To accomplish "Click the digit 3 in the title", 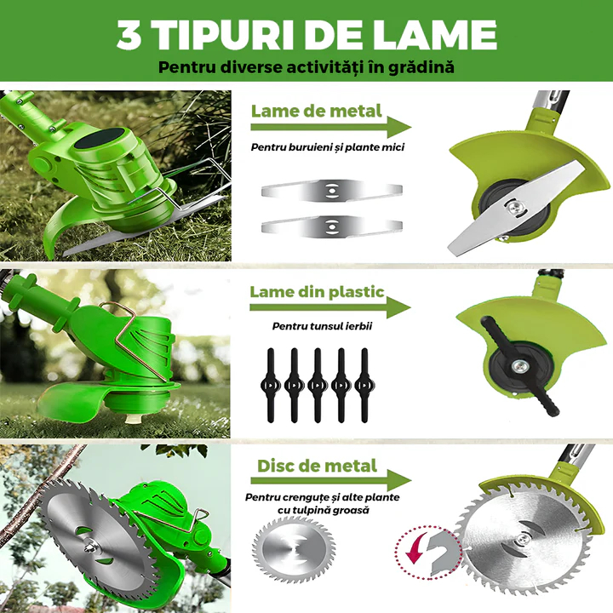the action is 129,34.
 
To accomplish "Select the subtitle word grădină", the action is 421,67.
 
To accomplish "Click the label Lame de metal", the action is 316,111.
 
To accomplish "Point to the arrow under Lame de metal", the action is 330,127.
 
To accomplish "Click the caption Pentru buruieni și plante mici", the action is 328,147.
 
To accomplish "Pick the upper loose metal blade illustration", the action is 331,191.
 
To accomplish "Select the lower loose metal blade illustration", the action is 331,226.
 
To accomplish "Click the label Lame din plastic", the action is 317,292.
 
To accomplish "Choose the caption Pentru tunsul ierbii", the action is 322,326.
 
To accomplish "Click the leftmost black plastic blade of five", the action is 271,385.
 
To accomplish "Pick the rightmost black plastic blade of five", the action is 364,385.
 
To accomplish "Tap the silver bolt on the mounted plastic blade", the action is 520,366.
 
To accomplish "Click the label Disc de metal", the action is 317,466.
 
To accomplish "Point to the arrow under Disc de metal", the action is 330,480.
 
